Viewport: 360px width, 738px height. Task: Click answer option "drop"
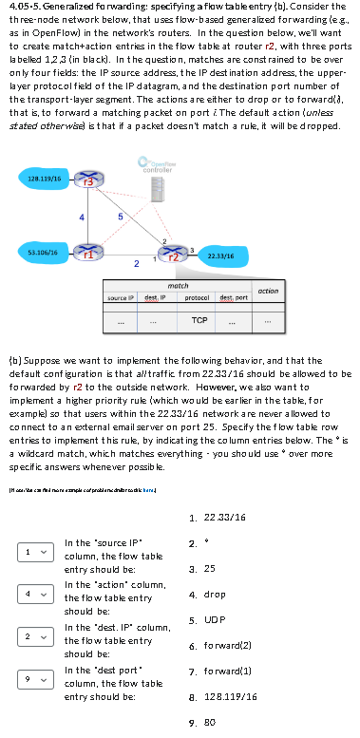pos(215,595)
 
